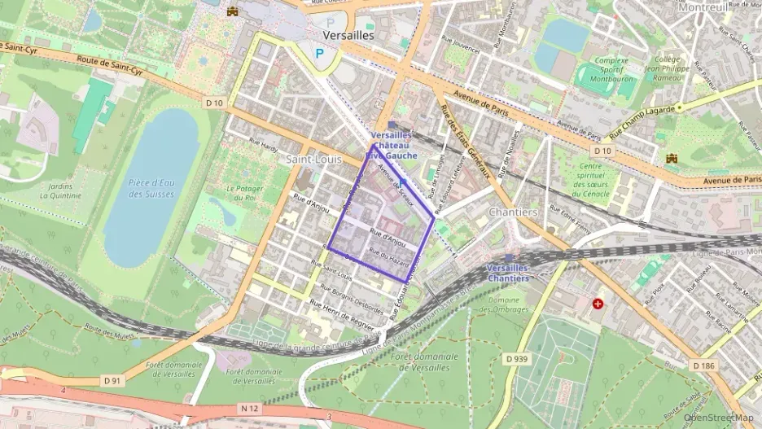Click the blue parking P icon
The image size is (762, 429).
pos(320,54)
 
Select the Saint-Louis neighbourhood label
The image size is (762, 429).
pos(313,160)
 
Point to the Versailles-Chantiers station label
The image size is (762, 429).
pos(508,273)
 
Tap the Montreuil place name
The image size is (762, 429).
pos(702,7)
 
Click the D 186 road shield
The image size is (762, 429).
pos(704,366)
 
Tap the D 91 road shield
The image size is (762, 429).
pos(113,379)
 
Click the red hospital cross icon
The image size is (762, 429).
pos(598,304)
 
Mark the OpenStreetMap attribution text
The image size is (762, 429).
pos(720,418)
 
